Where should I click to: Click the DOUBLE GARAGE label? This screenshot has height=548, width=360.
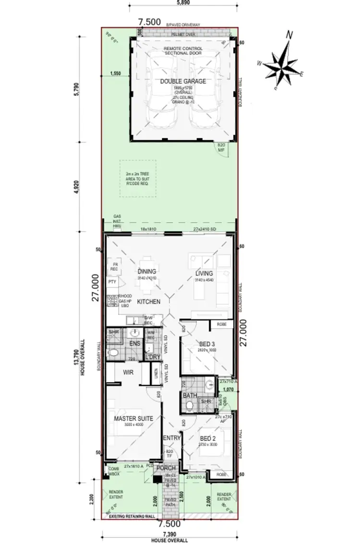point(183,82)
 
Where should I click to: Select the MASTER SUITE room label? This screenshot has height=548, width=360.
point(133,418)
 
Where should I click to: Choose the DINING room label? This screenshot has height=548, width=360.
point(147,271)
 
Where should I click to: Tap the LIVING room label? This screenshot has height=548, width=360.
point(204,274)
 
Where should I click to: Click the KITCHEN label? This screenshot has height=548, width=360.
point(149,301)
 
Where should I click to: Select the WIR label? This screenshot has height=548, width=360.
point(128,372)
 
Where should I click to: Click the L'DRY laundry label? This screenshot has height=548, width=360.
point(153,357)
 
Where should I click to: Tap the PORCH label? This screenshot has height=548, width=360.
point(167,468)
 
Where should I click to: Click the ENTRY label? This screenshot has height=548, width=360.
point(171,438)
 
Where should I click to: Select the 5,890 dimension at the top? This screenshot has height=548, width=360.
point(182,3)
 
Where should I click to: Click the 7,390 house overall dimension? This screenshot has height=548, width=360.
point(169,535)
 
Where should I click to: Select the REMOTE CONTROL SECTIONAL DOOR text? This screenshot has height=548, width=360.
point(183,51)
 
